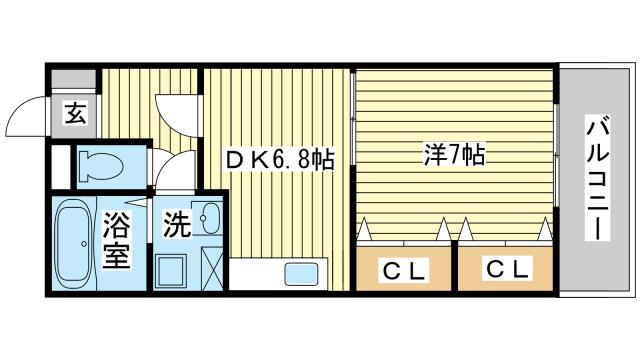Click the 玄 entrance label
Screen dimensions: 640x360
coord(75,112)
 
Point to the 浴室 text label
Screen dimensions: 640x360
coord(116,241)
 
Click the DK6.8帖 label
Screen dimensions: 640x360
coord(279,157)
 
